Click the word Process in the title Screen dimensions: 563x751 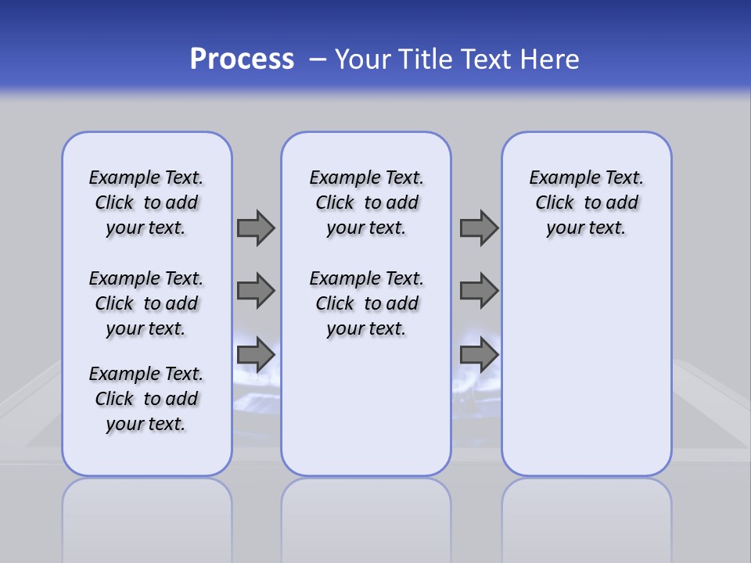242,59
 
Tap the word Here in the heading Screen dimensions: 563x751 552,59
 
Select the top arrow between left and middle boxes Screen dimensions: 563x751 256,228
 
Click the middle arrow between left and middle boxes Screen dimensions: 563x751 256,291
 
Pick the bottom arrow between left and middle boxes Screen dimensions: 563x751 256,355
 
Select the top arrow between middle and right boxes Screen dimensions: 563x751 479,228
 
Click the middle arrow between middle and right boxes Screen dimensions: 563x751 479,291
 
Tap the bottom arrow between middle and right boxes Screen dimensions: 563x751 479,355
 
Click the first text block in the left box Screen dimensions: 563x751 146,203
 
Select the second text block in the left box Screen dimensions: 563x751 146,303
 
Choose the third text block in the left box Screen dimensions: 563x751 146,399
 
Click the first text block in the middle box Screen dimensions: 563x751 366,203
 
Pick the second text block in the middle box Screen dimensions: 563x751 366,303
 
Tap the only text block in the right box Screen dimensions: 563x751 586,203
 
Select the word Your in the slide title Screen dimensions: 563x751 363,59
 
